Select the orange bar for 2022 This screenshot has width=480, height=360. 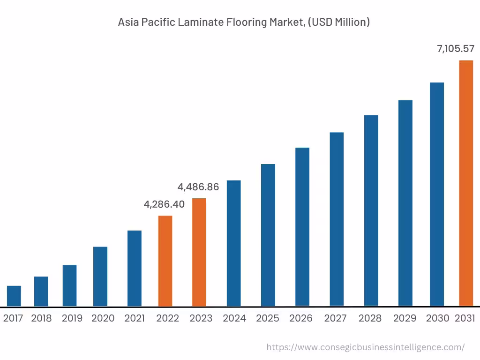[165, 261]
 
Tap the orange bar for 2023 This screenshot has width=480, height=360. [199, 252]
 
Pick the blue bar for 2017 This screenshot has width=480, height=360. [14, 296]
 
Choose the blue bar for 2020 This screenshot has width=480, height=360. [100, 276]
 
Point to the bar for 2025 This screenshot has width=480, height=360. [268, 235]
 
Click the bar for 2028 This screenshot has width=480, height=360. [371, 210]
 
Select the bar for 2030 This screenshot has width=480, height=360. [437, 194]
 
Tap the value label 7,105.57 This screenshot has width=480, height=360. [456, 48]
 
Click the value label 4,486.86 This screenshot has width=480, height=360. [198, 187]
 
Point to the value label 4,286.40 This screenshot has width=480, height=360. [164, 204]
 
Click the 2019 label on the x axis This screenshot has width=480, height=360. [72, 318]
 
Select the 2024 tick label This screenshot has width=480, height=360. [234, 318]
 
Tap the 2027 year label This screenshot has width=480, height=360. [336, 318]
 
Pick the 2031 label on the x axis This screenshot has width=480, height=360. [465, 318]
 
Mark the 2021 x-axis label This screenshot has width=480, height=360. [135, 318]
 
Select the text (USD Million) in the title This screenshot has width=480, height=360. [338, 22]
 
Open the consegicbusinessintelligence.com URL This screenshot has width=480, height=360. [365, 347]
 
